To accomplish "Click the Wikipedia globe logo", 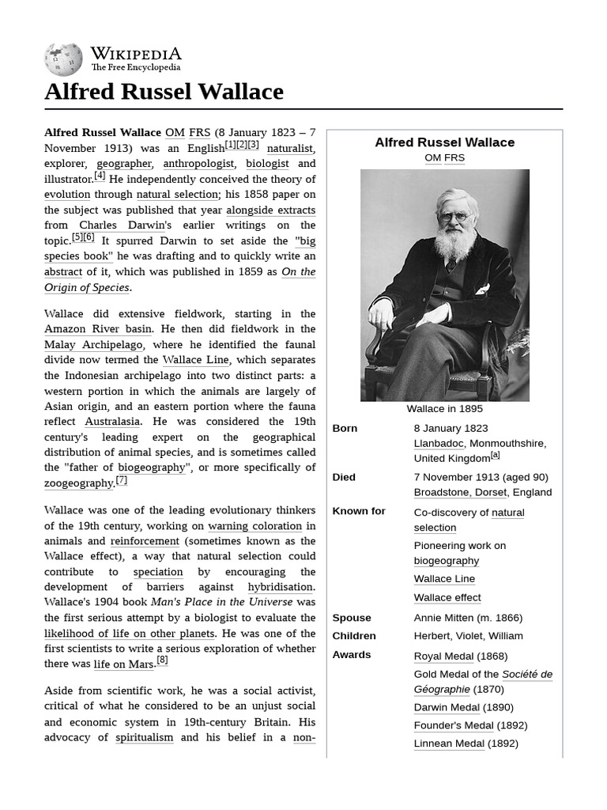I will click(63, 59).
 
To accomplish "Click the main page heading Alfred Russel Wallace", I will click(164, 92).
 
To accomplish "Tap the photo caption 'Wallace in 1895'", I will click(444, 409).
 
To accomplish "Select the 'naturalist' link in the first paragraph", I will click(290, 148).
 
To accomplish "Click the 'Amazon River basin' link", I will click(98, 329).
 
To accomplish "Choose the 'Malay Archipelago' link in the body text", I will click(93, 345).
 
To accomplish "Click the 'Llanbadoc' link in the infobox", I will click(439, 443).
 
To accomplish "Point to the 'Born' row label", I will click(345, 428).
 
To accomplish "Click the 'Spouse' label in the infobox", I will click(352, 618).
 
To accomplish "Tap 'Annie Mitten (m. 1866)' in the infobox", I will click(468, 618).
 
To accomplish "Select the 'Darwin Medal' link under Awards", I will click(447, 707).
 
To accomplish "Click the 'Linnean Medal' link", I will click(449, 744).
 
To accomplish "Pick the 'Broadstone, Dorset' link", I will click(461, 492).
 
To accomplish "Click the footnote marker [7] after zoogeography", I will click(121, 480).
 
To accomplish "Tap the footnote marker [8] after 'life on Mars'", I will click(162, 660).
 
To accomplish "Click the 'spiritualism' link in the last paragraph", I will click(144, 737).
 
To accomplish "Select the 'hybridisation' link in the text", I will click(280, 587).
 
